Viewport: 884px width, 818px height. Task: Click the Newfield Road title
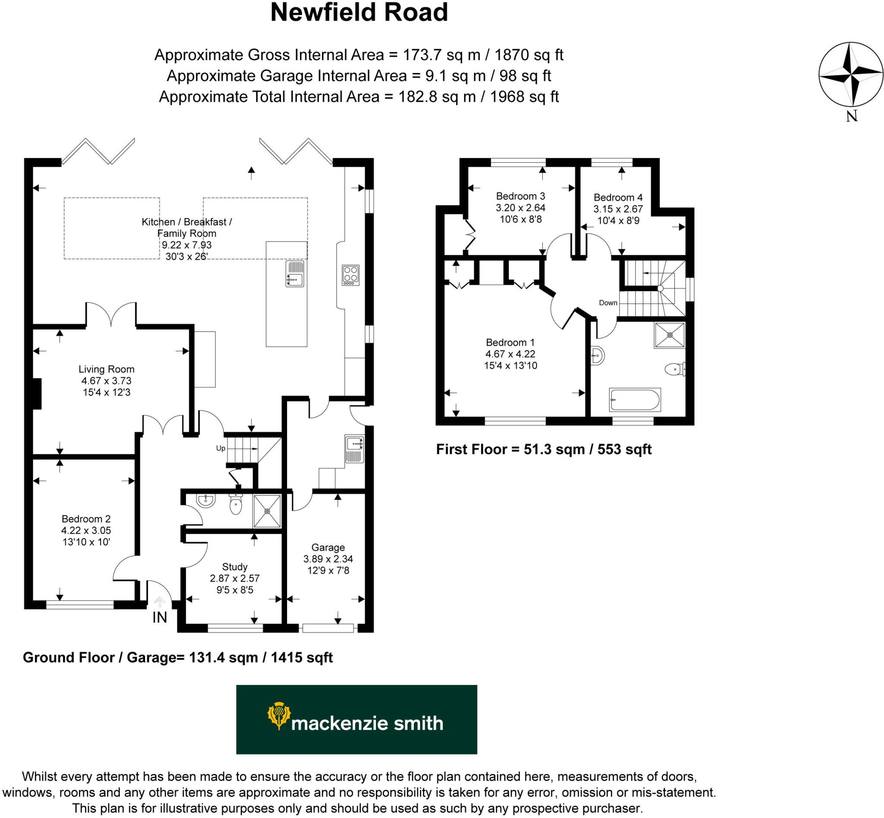(359, 13)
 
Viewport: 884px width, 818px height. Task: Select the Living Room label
(106, 369)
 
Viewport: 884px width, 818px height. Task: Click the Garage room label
(328, 547)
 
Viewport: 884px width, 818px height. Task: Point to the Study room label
(234, 567)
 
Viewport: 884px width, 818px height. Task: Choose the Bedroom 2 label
(86, 519)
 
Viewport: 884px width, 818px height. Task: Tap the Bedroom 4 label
(618, 197)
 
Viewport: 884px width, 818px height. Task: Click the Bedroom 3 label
(520, 196)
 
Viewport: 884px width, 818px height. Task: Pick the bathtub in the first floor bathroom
(635, 400)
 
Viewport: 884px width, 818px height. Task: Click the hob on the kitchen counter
(350, 275)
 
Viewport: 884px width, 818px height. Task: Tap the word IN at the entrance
(160, 617)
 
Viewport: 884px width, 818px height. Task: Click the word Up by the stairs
(221, 449)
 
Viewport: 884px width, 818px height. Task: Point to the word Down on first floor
(608, 303)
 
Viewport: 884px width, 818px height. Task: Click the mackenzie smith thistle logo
(278, 715)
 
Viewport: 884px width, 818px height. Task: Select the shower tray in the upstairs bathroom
(669, 335)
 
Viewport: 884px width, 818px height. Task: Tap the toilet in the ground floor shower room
(236, 505)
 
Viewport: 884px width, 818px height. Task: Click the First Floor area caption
(543, 450)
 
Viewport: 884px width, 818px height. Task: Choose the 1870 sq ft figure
(528, 55)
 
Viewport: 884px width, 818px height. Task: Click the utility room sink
(355, 449)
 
